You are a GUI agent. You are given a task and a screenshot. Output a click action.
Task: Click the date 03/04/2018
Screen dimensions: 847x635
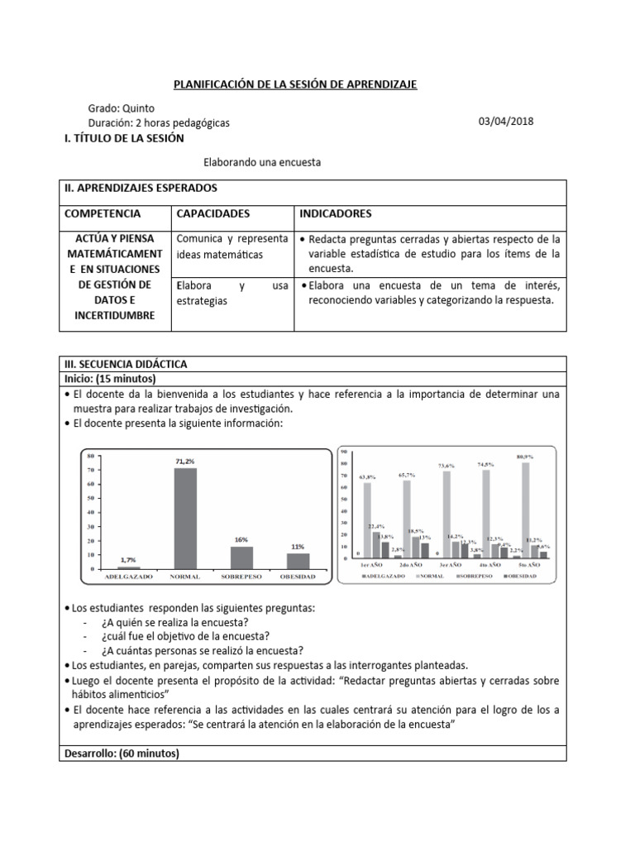click(x=506, y=122)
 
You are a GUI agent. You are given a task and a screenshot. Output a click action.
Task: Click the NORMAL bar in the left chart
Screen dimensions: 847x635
click(x=184, y=519)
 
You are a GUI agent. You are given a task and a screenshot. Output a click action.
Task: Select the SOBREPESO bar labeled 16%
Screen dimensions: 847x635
click(x=241, y=557)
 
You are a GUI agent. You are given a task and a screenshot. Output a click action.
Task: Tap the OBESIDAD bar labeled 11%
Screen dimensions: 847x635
click(x=297, y=561)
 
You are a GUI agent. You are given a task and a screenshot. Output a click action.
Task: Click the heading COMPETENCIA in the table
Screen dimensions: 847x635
click(x=103, y=213)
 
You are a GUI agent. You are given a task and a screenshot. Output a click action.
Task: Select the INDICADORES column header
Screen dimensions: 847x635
click(x=336, y=213)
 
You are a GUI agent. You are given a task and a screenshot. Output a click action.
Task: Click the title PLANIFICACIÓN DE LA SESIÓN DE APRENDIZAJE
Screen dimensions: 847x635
click(x=295, y=84)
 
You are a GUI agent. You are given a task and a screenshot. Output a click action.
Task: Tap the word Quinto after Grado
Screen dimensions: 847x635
click(x=137, y=108)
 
